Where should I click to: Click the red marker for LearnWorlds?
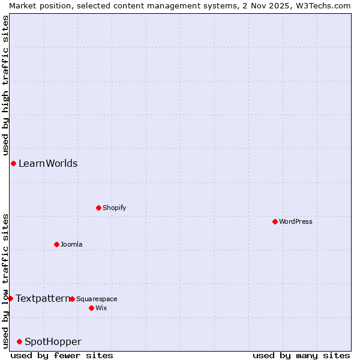[13, 163]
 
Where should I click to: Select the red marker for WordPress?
[275, 221]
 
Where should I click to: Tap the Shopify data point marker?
[98, 208]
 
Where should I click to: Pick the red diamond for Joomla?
[56, 244]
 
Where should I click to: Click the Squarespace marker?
[72, 299]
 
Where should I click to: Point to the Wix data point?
[91, 308]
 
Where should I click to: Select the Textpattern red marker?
[10, 298]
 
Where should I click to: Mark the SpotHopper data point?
[19, 341]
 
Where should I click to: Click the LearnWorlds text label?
[48, 163]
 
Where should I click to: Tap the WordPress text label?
[296, 221]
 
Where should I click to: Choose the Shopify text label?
[114, 208]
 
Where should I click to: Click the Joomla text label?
[71, 244]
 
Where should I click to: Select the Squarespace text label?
[97, 299]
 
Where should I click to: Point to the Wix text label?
[101, 308]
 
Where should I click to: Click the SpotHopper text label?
[53, 341]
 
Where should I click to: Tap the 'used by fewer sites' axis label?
[62, 355]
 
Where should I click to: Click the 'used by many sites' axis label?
[301, 355]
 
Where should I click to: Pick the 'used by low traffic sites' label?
[5, 280]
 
